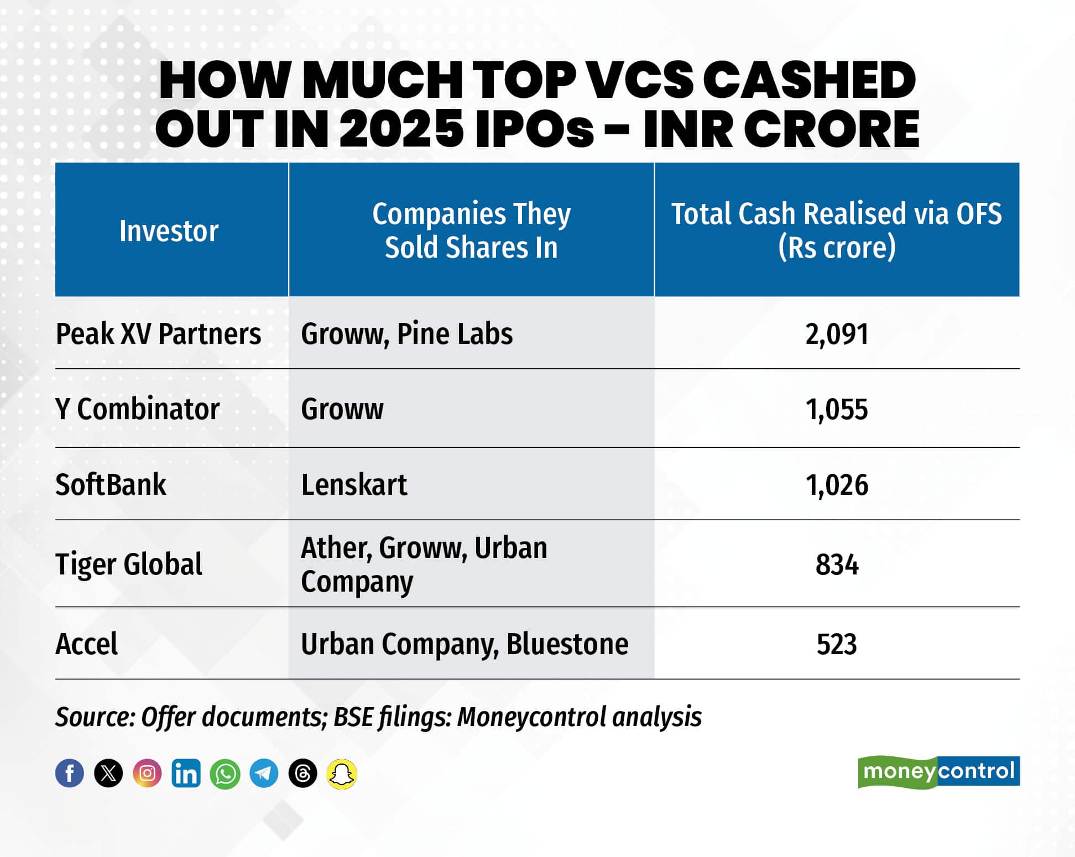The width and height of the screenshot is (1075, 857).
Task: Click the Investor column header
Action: (169, 231)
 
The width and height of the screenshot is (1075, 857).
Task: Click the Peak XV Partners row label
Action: (158, 334)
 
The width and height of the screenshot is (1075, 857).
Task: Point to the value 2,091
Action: (837, 334)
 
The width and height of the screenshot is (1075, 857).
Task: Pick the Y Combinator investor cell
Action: (137, 409)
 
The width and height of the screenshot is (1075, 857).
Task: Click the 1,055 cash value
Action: (837, 410)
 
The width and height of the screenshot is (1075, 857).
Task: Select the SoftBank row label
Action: (111, 485)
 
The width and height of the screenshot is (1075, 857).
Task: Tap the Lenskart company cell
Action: (354, 485)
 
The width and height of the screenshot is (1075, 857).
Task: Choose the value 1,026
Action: (837, 485)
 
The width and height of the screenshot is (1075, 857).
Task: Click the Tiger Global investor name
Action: (129, 565)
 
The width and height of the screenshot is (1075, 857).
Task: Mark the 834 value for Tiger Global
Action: (837, 565)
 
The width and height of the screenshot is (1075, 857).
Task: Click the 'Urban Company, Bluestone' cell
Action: (465, 644)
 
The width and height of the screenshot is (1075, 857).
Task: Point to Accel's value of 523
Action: (837, 644)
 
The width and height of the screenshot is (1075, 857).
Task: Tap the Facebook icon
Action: (70, 773)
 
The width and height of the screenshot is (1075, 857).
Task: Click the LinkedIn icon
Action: (186, 773)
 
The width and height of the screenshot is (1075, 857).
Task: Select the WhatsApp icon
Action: (225, 773)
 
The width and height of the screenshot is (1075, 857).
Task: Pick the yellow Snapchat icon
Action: (342, 773)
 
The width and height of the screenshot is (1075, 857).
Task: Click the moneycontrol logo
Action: (938, 771)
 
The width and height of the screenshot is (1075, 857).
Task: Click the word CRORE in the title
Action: (835, 129)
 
